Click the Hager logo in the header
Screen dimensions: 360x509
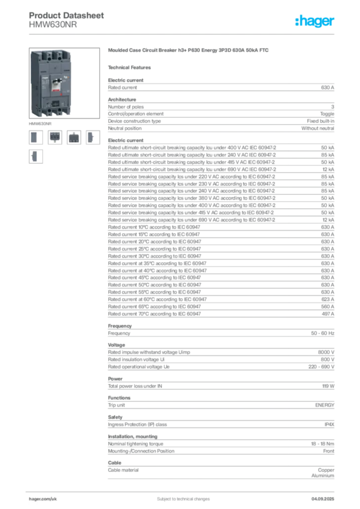[x=314, y=21]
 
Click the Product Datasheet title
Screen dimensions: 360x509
[x=66, y=15]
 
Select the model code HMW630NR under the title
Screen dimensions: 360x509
[x=53, y=25]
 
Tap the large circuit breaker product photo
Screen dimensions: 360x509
[x=64, y=83]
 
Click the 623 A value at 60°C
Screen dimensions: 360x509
[x=328, y=299]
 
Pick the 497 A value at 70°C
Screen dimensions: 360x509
[x=328, y=314]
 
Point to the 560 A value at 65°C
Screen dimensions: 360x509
[x=328, y=306]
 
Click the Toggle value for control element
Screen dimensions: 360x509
[x=327, y=114]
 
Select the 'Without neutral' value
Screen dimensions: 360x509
[x=317, y=128]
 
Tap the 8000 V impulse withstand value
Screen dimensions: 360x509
[x=326, y=352]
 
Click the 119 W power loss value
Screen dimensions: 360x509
[x=328, y=386]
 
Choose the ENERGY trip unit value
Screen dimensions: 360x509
[x=325, y=405]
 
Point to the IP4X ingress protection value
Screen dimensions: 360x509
[x=329, y=424]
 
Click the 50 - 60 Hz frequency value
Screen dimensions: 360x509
[x=322, y=333]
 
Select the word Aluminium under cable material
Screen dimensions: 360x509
[x=323, y=476]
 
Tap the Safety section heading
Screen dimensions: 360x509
[x=115, y=417]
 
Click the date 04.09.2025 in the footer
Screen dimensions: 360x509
[x=323, y=499]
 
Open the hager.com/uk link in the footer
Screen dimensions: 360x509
[x=43, y=499]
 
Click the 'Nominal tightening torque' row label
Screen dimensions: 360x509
[x=136, y=444]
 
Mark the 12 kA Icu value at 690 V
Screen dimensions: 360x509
[x=328, y=170]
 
